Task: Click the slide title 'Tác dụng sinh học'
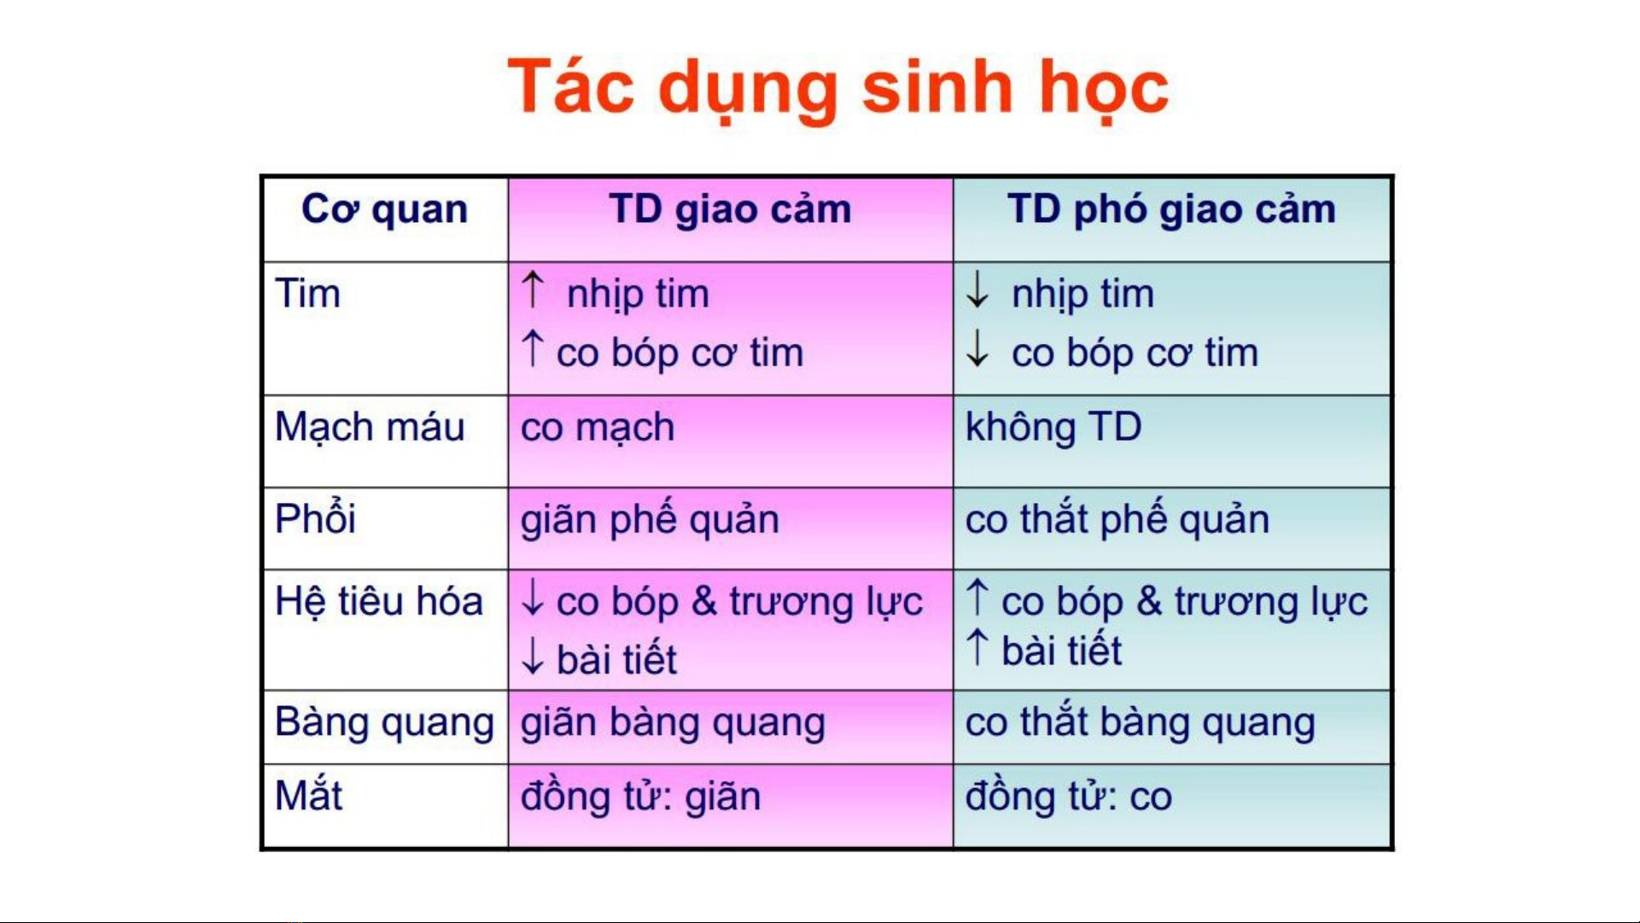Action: [x=838, y=89]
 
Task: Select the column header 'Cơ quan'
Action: [x=384, y=210]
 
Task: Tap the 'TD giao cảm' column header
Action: [x=730, y=210]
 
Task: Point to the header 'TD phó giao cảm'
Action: [x=1171, y=210]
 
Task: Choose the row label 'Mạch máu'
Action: [x=370, y=427]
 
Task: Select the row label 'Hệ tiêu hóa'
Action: [x=379, y=600]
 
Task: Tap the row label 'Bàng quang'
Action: [x=384, y=723]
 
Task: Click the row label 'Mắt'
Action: [x=308, y=795]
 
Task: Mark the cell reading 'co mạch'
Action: [x=598, y=427]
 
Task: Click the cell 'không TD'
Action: [x=1053, y=426]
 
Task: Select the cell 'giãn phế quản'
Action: [x=650, y=519]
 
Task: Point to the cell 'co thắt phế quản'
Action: [x=1117, y=518]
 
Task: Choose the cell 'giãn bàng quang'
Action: [x=673, y=723]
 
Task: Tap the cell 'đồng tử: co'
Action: [x=1068, y=796]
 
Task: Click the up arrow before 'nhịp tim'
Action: [x=533, y=289]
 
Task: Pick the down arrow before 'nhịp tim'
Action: [x=978, y=289]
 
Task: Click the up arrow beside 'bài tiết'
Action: [x=978, y=647]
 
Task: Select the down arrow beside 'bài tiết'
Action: [x=533, y=656]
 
